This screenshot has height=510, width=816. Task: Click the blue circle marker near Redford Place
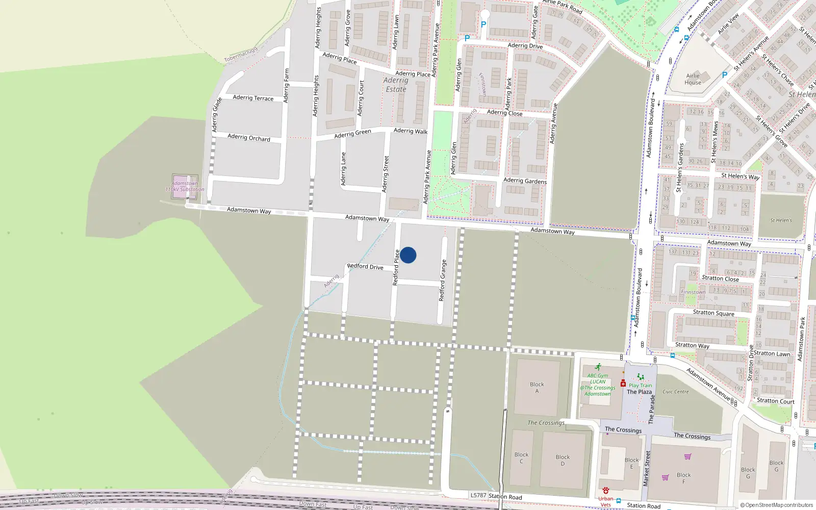coord(408,255)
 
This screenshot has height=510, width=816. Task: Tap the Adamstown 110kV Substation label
coord(185,186)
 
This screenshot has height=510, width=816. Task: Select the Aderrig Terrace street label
coord(253,98)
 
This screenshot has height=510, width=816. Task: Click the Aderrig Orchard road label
coord(249,137)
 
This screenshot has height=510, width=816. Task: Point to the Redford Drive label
coord(365,266)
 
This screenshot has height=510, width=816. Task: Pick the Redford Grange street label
coord(443,280)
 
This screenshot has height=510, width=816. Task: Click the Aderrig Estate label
coord(396,85)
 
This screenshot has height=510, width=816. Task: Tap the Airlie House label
coord(693,79)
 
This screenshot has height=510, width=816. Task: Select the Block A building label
coord(537,388)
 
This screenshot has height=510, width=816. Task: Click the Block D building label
coord(563,460)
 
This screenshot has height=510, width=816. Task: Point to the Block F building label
coord(683,478)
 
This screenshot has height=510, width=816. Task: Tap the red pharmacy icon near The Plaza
coord(623,383)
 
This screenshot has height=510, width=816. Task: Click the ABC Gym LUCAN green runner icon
coord(598,367)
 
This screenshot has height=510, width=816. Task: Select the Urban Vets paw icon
coord(605,491)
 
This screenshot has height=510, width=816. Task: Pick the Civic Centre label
coord(675,392)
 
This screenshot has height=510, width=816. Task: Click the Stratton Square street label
coord(713,313)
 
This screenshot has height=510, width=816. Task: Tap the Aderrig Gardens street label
coord(525,181)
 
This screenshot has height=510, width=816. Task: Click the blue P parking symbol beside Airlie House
coord(724,75)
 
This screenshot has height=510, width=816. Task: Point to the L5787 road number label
coord(478,495)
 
